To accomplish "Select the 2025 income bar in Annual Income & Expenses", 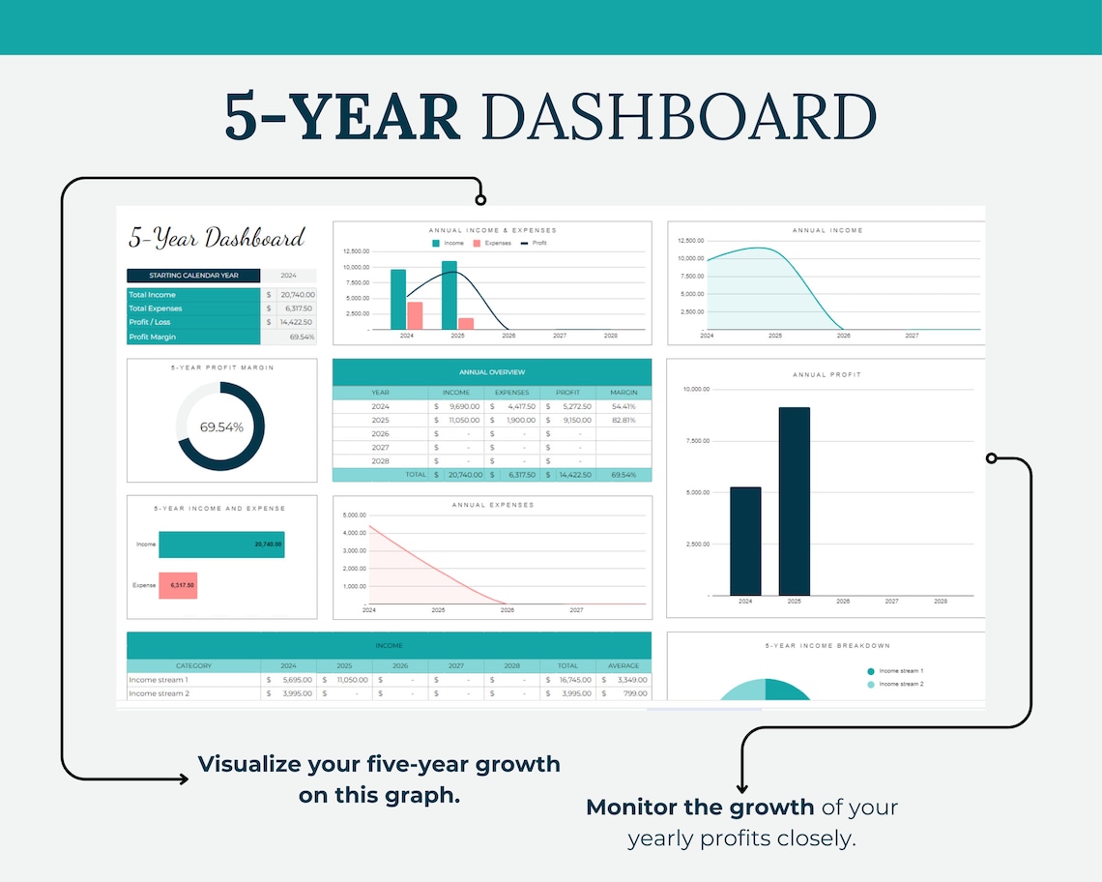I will point(449,295).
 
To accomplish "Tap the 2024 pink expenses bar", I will point(415,316).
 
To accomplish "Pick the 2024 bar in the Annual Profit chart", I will point(745,541).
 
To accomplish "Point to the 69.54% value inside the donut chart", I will point(221,426).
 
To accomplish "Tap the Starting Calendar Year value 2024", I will point(288,276).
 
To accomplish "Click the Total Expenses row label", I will point(156,309).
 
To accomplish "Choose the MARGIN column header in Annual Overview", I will point(623,393).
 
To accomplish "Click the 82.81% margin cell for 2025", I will point(623,421).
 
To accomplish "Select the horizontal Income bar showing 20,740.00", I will point(221,544).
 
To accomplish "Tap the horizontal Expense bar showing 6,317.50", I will point(178,585).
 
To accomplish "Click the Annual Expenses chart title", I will point(492,505).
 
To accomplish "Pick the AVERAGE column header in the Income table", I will point(623,665).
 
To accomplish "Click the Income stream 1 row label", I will point(159,680).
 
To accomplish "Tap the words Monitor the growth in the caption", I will point(701,807).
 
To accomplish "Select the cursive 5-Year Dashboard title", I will point(217,237).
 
